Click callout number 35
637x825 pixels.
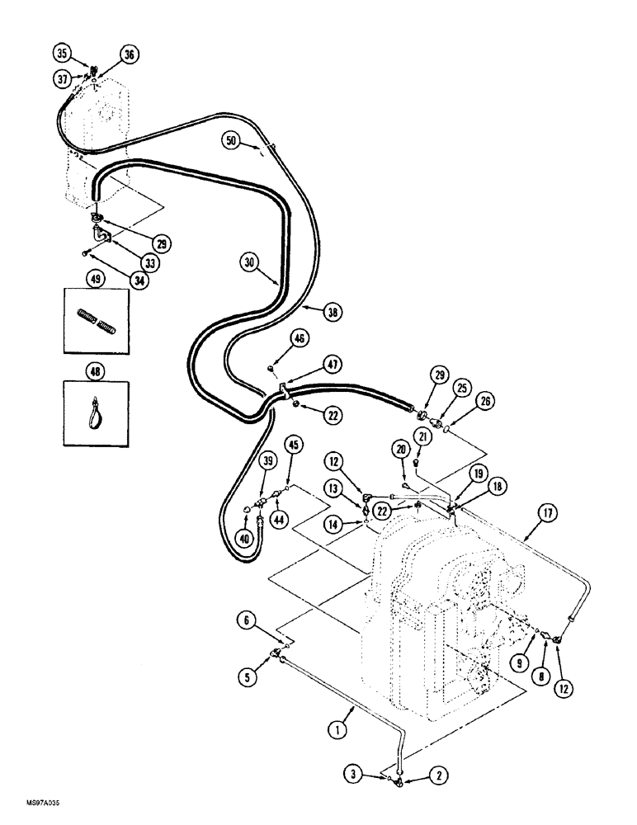(x=62, y=53)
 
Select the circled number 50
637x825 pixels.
(x=233, y=141)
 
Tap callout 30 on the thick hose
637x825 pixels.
(x=251, y=264)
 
